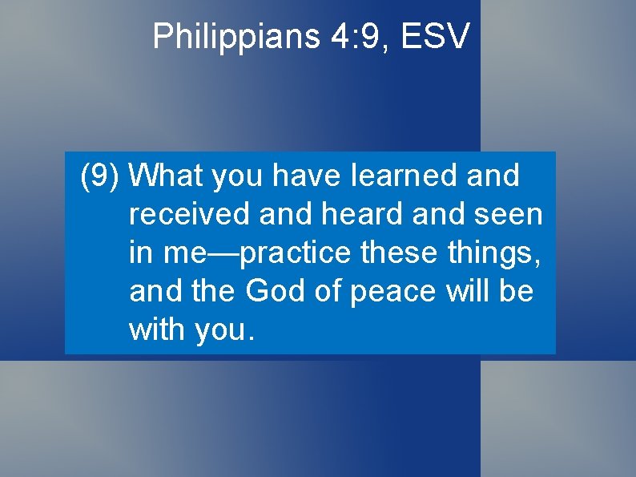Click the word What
click(x=166, y=176)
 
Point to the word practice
click(x=295, y=253)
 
